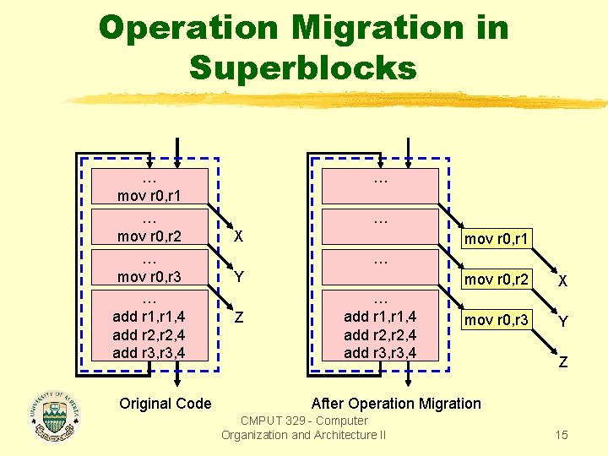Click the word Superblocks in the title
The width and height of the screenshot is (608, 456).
pos(303,67)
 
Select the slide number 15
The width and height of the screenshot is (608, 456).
pos(562,435)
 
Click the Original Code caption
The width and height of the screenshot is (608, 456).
pos(166,404)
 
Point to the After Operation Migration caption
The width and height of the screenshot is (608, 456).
pos(396,404)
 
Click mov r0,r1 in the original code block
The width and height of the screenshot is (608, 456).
pos(150,196)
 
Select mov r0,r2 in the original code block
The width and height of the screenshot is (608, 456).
pos(150,236)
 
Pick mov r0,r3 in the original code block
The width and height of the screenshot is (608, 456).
pos(150,277)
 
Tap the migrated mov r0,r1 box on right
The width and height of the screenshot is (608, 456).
pos(497,239)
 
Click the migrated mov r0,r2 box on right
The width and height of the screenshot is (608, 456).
pos(497,280)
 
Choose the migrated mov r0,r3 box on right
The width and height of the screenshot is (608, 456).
pos(497,320)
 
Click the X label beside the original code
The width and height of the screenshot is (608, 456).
pos(240,237)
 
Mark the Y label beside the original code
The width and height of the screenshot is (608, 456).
pos(240,277)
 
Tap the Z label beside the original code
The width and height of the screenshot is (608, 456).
pos(240,318)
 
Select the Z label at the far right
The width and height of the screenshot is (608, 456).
pos(562,363)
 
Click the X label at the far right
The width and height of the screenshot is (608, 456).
pos(562,280)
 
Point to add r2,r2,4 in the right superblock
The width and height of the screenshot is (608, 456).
pos(380,335)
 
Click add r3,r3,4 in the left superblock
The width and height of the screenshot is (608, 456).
pos(150,352)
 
